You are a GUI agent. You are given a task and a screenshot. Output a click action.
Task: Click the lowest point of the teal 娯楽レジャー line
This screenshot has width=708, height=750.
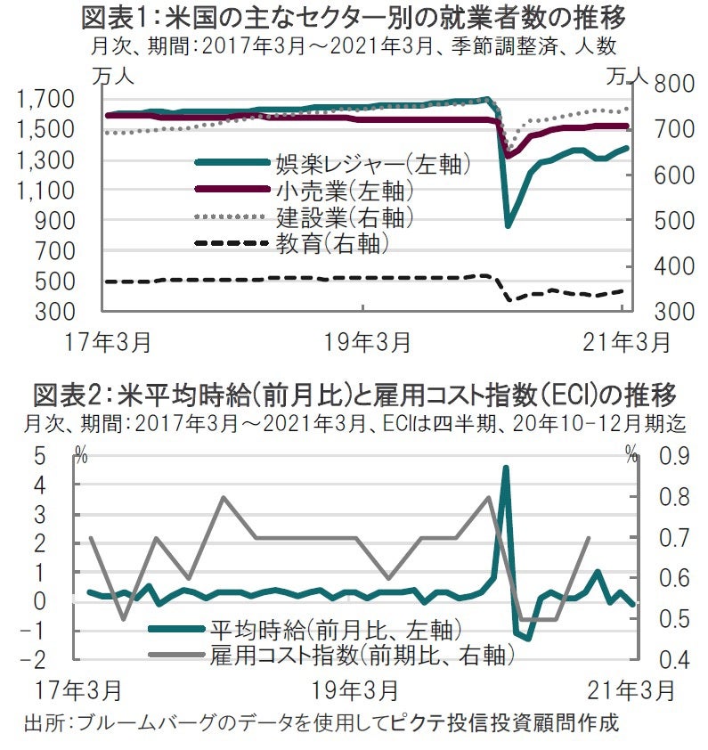tap(509, 224)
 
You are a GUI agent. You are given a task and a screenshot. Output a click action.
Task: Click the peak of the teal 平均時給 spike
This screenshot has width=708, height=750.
tap(505, 467)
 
